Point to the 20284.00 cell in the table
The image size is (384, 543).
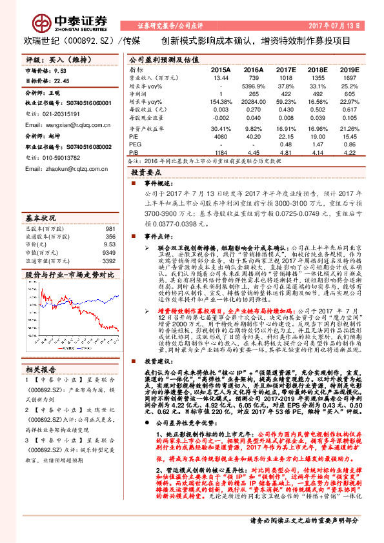(x=254, y=102)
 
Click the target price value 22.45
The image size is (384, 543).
(x=61, y=81)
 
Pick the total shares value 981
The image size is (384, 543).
(x=110, y=228)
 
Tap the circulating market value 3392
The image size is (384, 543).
(x=108, y=261)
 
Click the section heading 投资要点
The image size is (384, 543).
(x=145, y=173)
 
